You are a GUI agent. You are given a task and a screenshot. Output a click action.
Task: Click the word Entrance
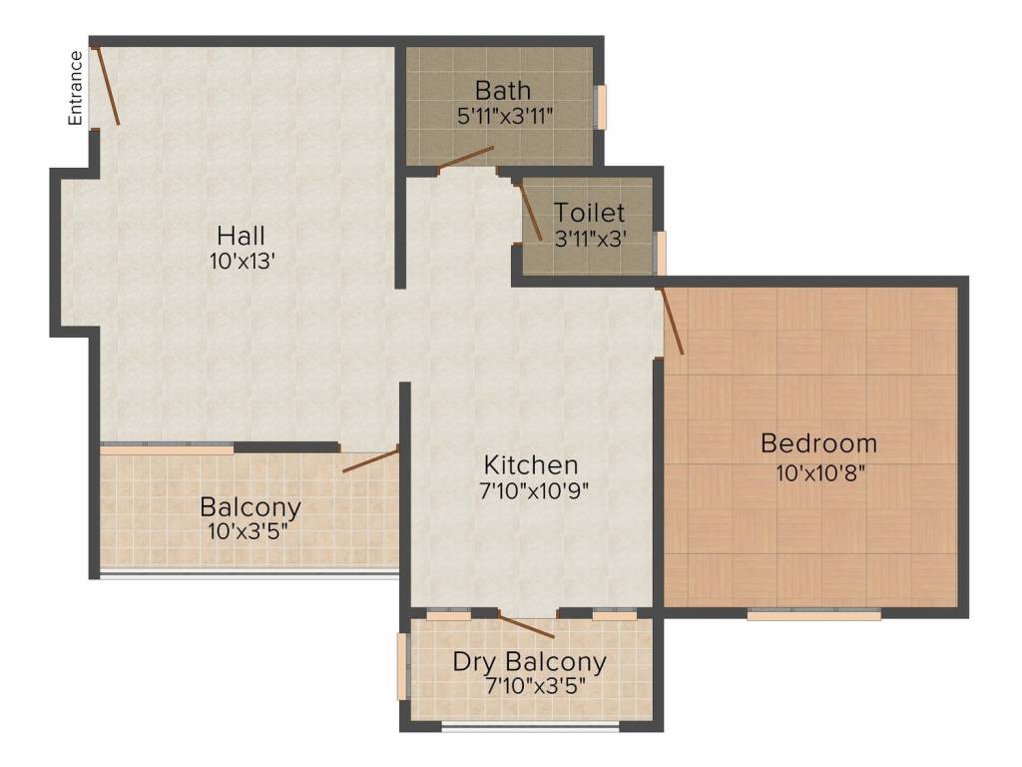(75, 88)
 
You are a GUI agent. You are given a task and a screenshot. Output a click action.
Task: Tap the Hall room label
(241, 236)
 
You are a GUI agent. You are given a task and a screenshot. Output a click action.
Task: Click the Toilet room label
(590, 213)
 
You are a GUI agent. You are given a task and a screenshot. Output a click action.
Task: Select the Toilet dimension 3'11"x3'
(590, 238)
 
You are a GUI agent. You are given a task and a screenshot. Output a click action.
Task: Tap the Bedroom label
(818, 442)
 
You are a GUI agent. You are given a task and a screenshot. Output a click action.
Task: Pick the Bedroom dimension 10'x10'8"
(818, 471)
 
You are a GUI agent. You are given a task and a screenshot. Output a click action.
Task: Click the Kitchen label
(531, 464)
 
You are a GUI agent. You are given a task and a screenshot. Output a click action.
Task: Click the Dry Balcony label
(529, 661)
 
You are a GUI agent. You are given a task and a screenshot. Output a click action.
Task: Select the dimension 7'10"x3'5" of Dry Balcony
(529, 687)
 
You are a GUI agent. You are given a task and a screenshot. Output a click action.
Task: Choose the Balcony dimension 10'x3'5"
(250, 530)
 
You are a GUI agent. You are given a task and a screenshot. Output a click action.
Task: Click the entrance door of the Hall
(106, 85)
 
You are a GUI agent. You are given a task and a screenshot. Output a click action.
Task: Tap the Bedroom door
(671, 322)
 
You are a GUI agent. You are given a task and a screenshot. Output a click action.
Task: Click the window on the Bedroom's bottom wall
(813, 614)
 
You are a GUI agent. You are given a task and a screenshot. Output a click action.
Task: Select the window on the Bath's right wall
(601, 107)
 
